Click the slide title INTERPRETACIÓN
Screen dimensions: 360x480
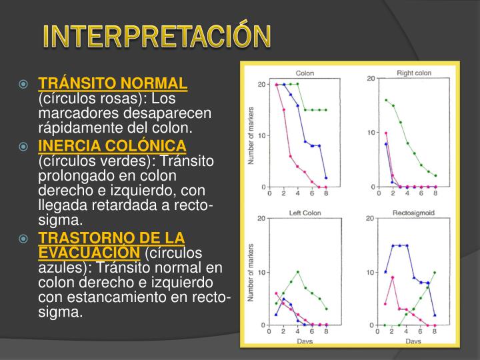(157, 37)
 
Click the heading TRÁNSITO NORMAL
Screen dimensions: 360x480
(113, 83)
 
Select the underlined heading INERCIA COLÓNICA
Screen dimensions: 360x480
(113, 146)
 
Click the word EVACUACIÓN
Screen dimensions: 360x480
(89, 253)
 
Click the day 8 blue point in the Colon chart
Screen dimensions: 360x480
(326, 178)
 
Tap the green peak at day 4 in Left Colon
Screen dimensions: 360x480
(297, 272)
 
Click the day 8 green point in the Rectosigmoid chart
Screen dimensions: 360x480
(435, 273)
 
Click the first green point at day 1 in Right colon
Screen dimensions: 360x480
(386, 100)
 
